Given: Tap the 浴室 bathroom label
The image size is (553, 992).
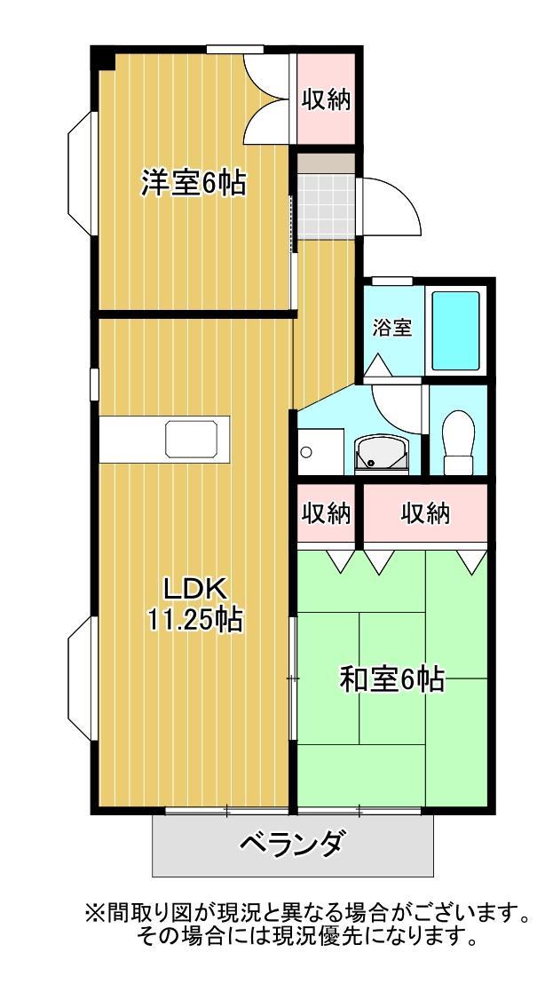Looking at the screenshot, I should pos(391,327).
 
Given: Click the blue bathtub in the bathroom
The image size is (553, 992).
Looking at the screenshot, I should pos(455,330).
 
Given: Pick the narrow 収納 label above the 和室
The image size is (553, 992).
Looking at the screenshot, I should pos(326,513).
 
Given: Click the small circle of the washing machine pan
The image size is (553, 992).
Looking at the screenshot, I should pos(306,452).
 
